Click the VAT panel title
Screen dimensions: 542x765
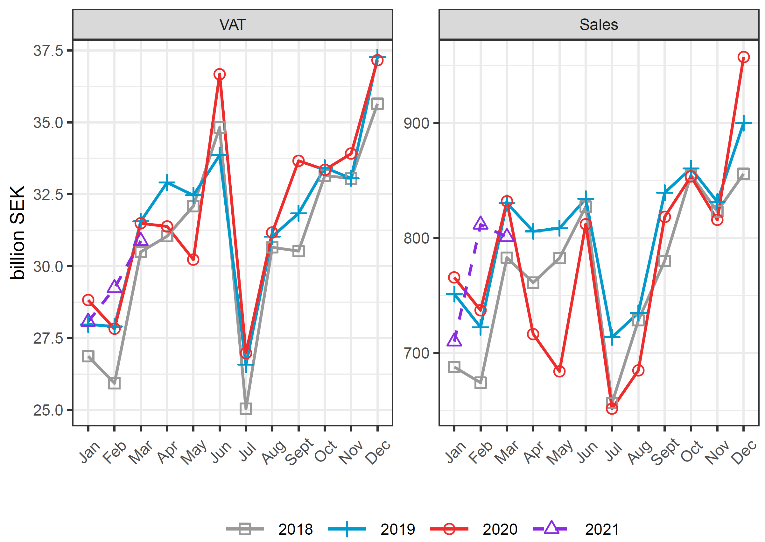point(232,25)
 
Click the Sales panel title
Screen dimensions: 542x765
point(599,25)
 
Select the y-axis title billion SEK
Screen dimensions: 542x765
point(17,232)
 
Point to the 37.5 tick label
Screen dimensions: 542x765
point(48,51)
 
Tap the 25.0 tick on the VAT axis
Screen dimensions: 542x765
point(48,410)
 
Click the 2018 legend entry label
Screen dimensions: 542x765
point(295,529)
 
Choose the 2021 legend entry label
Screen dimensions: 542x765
point(602,529)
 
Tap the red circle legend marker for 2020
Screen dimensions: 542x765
point(449,529)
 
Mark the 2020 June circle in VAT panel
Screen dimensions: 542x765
point(220,74)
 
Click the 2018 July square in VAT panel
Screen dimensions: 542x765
point(246,409)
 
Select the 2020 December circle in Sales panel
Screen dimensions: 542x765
point(743,57)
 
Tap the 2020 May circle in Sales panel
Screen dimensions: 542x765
point(559,371)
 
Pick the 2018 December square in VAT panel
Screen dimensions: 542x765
point(377,103)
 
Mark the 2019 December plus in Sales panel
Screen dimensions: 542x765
point(743,123)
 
